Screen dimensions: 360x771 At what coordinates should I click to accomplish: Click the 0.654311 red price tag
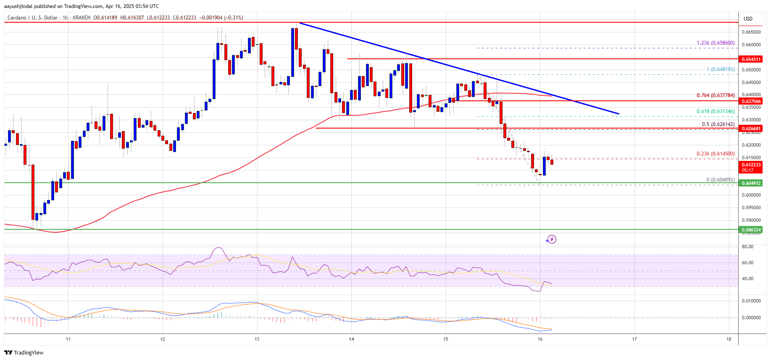click(751, 59)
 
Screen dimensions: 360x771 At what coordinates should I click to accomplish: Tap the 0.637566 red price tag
click(751, 101)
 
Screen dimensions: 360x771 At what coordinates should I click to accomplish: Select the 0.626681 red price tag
click(751, 129)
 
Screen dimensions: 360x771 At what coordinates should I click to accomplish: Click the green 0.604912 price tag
click(751, 183)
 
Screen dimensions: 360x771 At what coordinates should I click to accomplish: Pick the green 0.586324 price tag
click(751, 230)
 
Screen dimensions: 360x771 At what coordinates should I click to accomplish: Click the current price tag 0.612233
click(751, 165)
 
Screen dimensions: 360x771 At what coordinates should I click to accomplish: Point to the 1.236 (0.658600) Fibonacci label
click(716, 43)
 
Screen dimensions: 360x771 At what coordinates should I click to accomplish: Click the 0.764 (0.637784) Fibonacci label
click(716, 95)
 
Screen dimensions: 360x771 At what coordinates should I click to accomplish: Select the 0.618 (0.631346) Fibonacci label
click(716, 111)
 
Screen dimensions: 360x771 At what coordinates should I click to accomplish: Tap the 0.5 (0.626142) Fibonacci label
click(718, 124)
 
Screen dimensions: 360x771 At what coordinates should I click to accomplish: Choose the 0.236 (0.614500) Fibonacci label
click(716, 154)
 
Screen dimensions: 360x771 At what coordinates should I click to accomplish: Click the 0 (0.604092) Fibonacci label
click(720, 180)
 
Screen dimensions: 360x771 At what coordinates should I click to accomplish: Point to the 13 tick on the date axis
click(257, 339)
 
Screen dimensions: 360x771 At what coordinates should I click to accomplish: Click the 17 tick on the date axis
click(634, 339)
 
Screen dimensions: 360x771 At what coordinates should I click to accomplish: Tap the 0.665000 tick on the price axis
click(751, 32)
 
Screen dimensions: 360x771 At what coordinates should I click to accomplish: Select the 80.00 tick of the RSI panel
click(747, 247)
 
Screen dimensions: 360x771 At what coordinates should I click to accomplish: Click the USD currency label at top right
click(748, 19)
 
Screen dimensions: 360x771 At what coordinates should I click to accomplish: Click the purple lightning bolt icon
click(551, 239)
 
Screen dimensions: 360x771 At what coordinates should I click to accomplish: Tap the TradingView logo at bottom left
click(24, 352)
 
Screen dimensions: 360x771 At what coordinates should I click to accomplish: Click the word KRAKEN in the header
click(82, 18)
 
